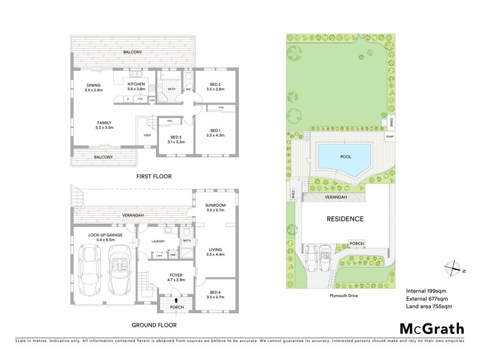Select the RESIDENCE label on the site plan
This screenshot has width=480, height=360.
(x=345, y=219)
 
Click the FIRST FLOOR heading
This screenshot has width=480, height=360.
(x=154, y=176)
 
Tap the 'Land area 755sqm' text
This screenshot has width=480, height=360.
(x=429, y=306)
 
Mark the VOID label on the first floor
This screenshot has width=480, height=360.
(x=147, y=135)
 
